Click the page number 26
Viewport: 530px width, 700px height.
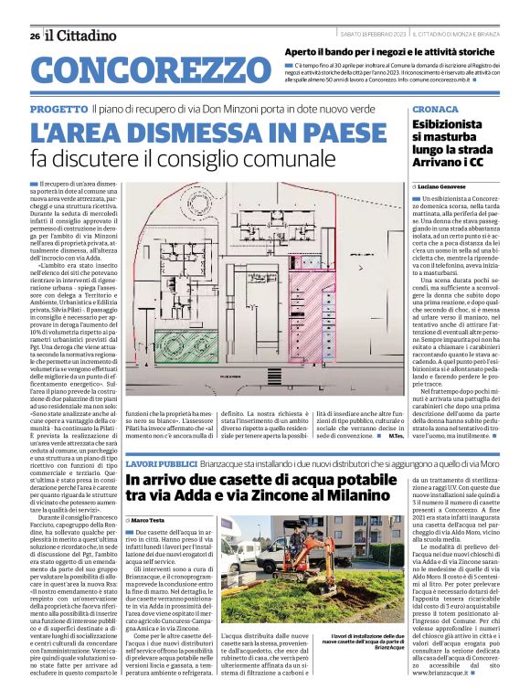(x=34, y=36)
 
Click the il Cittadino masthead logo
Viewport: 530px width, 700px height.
(x=82, y=35)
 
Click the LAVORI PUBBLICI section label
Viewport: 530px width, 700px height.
(x=158, y=465)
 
